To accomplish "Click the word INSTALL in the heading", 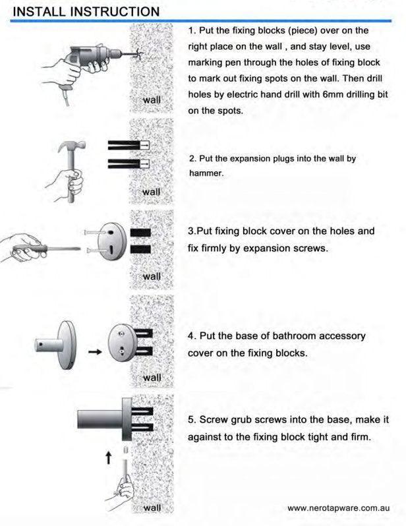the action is click(39, 12).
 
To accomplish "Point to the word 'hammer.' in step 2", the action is click(206, 173).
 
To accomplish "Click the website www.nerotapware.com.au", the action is click(339, 508).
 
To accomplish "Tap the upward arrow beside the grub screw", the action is click(108, 457).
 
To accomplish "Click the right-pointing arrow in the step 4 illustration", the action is click(95, 352).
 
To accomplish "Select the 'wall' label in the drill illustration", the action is click(152, 100).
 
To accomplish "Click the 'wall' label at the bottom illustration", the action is click(152, 508).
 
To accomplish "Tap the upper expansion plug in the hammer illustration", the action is click(129, 145).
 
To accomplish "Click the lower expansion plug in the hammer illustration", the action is click(129, 163).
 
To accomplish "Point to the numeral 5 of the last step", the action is click(191, 420).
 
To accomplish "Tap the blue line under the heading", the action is click(200, 21).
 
